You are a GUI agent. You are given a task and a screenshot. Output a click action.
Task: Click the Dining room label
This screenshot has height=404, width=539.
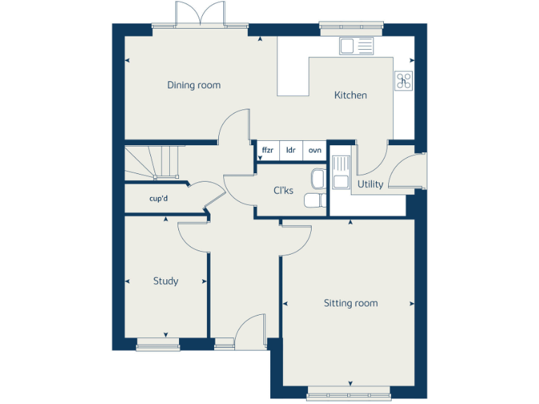pyautogui.click(x=194, y=86)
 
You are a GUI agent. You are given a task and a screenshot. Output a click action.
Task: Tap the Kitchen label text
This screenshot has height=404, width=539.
pyautogui.click(x=350, y=95)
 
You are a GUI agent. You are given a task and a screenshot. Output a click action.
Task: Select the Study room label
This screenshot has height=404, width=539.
pyautogui.click(x=166, y=281)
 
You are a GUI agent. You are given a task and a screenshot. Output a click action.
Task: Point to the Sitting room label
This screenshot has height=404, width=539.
pyautogui.click(x=350, y=304)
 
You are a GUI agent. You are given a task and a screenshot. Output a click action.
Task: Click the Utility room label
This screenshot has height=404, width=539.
pyautogui.click(x=370, y=184)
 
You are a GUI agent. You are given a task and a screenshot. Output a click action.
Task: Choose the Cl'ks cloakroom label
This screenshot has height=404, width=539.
pyautogui.click(x=284, y=190)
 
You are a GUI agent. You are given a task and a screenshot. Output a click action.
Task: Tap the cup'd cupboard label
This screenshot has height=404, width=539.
pyautogui.click(x=159, y=198)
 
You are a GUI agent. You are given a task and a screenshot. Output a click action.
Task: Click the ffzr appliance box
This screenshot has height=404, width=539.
pyautogui.click(x=267, y=151)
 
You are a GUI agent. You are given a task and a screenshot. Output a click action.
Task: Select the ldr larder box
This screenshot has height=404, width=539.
pyautogui.click(x=291, y=151)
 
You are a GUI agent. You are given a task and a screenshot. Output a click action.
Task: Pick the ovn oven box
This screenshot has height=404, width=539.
pyautogui.click(x=315, y=151)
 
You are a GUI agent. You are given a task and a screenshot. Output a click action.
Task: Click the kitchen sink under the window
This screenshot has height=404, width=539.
pyautogui.click(x=357, y=46)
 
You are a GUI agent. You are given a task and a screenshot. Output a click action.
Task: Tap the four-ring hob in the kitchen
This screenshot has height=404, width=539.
pyautogui.click(x=404, y=81)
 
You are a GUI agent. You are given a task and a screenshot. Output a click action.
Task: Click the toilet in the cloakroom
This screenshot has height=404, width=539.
pyautogui.click(x=314, y=201)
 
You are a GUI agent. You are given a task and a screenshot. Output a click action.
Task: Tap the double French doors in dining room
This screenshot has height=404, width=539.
pyautogui.click(x=200, y=15)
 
